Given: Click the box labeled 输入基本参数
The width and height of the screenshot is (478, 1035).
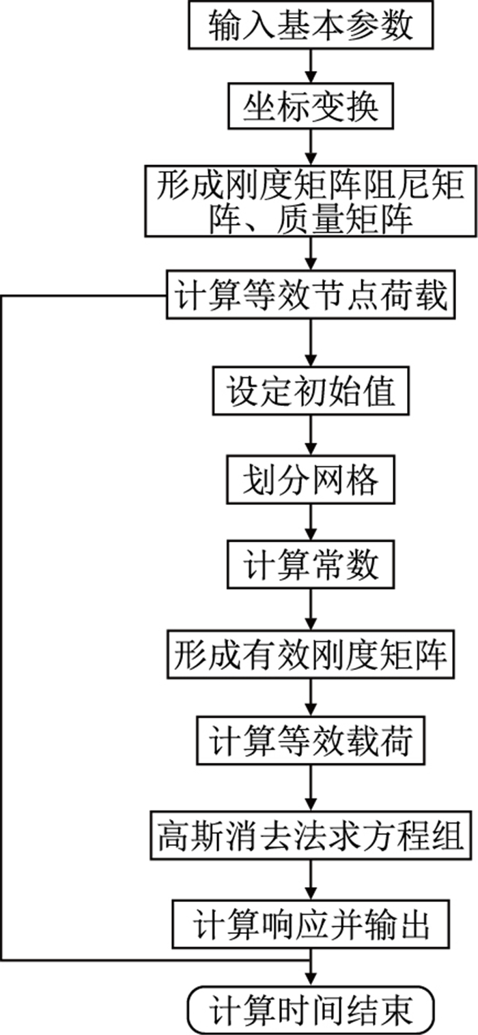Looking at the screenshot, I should [311, 27].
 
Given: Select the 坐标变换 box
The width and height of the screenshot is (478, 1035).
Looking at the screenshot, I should [311, 106].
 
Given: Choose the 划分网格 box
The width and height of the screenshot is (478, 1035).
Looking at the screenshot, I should [311, 482].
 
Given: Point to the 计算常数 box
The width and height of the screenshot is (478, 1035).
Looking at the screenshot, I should [311, 566].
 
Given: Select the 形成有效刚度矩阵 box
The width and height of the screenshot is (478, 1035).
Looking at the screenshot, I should [311, 656].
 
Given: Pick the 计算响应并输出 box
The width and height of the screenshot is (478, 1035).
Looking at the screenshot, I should [311, 925].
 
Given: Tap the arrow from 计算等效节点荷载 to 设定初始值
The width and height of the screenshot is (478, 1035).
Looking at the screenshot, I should [311, 345].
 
